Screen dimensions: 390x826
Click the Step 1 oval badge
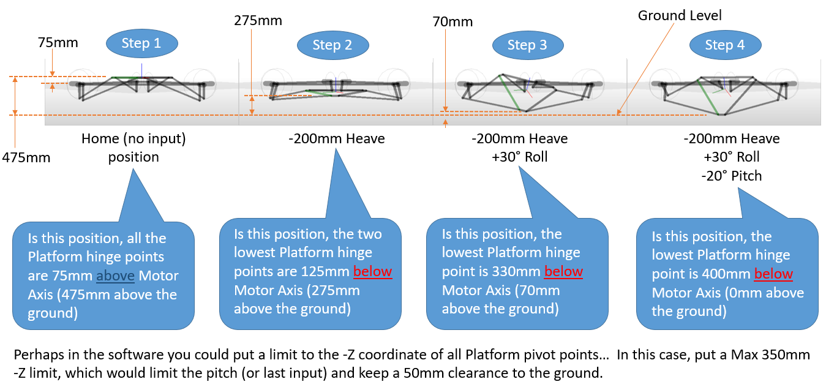pos(141,43)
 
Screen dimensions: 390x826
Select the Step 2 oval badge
pos(332,45)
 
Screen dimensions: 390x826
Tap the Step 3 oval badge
pos(527,45)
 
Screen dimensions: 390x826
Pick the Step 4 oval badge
pos(725,45)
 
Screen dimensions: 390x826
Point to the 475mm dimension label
pos(26,157)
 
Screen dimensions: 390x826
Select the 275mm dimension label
pos(258,20)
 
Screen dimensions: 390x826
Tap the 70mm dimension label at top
pos(452,22)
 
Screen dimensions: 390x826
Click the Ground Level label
pos(680,15)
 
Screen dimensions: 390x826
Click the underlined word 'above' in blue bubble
pos(116,276)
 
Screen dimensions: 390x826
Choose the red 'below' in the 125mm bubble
pos(373,271)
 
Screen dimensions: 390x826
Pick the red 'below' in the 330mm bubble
pos(563,271)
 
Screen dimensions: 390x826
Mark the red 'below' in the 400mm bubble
pos(773,274)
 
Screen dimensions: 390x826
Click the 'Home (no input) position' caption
pos(133,148)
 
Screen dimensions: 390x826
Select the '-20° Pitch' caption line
pos(732,176)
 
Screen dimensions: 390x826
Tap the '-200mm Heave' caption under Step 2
pos(337,139)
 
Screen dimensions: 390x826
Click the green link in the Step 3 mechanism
pos(510,93)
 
